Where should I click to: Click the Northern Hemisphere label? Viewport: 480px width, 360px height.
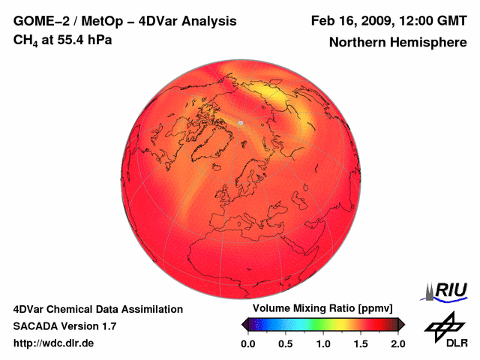click(x=397, y=43)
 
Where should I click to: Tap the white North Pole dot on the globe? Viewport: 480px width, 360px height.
click(x=240, y=122)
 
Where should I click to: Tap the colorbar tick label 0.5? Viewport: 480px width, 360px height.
click(x=285, y=343)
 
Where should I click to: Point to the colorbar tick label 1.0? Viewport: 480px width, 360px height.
click(x=323, y=343)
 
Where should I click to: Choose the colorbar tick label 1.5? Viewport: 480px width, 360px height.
click(x=361, y=343)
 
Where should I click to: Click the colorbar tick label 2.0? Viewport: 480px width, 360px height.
click(x=397, y=343)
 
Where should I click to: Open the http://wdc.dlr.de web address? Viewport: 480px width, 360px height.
click(x=54, y=343)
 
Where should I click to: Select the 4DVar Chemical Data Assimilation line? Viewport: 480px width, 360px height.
click(x=97, y=309)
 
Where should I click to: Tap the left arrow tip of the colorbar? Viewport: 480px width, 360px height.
click(x=244, y=324)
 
